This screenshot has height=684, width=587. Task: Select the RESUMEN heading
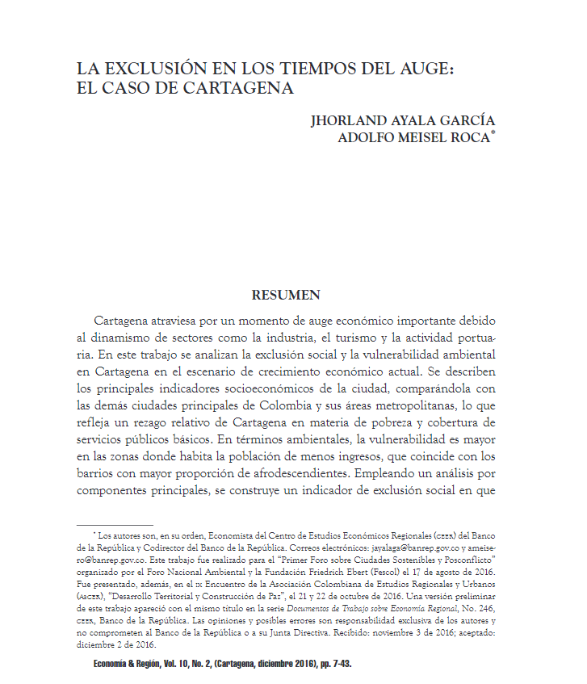point(286,296)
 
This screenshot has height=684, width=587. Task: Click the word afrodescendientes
point(296,476)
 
